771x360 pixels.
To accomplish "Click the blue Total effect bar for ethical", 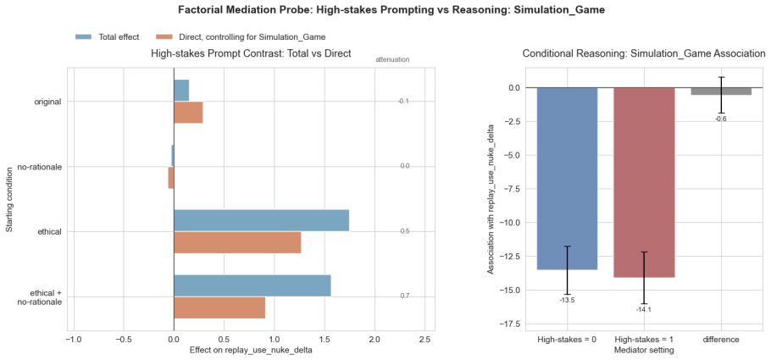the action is point(262,220).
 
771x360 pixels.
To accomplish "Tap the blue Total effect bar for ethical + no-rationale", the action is point(252,285).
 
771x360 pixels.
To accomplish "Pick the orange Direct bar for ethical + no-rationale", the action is point(219,307).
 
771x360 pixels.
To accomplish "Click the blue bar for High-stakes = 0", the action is point(567,179).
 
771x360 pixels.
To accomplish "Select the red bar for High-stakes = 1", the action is point(644,182).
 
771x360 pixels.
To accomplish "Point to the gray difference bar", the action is point(721,91).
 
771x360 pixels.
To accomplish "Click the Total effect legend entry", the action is point(108,36).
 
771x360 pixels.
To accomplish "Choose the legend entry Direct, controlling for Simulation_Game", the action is point(241,36).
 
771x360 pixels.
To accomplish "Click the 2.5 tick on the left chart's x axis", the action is point(424,340).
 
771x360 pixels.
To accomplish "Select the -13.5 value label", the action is point(567,300).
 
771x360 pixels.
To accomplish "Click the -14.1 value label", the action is point(644,309).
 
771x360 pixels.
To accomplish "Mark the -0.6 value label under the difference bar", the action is point(721,119).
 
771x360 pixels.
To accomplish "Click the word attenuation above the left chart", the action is point(392,59).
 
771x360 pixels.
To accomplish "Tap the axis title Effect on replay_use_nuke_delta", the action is point(251,350).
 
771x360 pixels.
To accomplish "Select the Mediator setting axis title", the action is point(644,350).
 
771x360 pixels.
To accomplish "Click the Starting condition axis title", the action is point(9,199).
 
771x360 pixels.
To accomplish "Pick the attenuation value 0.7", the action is point(405,296).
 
